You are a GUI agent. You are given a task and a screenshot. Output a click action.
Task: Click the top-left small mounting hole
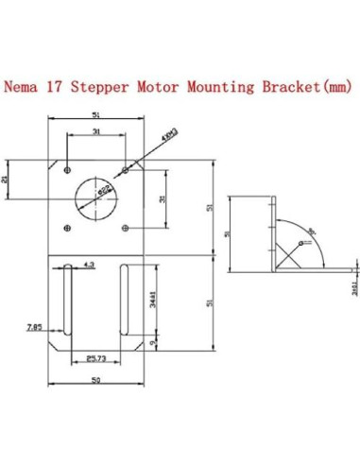click(66, 170)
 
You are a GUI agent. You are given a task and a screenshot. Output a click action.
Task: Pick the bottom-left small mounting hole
click(66, 227)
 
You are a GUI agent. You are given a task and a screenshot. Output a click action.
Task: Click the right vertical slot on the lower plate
click(127, 300)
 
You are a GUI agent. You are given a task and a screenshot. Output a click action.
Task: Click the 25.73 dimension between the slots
click(94, 358)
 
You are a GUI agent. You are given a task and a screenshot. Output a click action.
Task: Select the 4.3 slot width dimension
click(89, 265)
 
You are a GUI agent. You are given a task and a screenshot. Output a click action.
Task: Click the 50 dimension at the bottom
click(95, 379)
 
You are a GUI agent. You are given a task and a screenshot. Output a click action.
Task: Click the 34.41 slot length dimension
click(153, 301)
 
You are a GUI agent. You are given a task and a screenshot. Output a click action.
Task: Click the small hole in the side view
click(301, 243)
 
